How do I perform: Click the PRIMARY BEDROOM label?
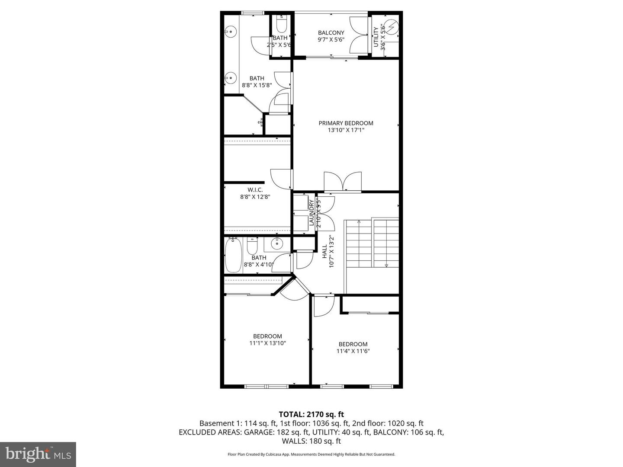click(346, 123)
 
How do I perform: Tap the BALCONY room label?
click(331, 33)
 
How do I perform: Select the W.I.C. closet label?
click(255, 190)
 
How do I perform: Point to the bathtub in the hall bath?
click(233, 257)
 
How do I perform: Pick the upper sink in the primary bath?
click(230, 31)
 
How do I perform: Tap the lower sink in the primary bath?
click(230, 79)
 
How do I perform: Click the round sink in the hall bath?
click(276, 245)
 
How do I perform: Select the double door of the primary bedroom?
click(343, 182)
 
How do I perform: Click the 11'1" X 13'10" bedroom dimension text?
click(267, 343)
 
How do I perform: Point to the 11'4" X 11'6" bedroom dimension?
click(353, 351)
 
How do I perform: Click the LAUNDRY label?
click(311, 212)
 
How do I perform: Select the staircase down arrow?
click(386, 265)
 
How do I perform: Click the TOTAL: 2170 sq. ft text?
click(311, 414)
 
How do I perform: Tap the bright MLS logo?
click(38, 454)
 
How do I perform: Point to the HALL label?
click(324, 252)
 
